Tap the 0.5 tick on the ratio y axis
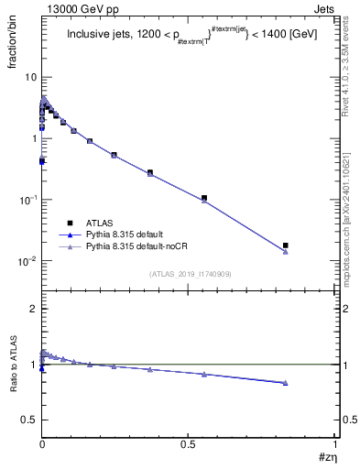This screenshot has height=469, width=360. (x=30, y=419)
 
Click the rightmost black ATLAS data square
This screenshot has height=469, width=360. (x=286, y=245)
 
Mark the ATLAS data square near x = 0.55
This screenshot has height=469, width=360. (x=204, y=198)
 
